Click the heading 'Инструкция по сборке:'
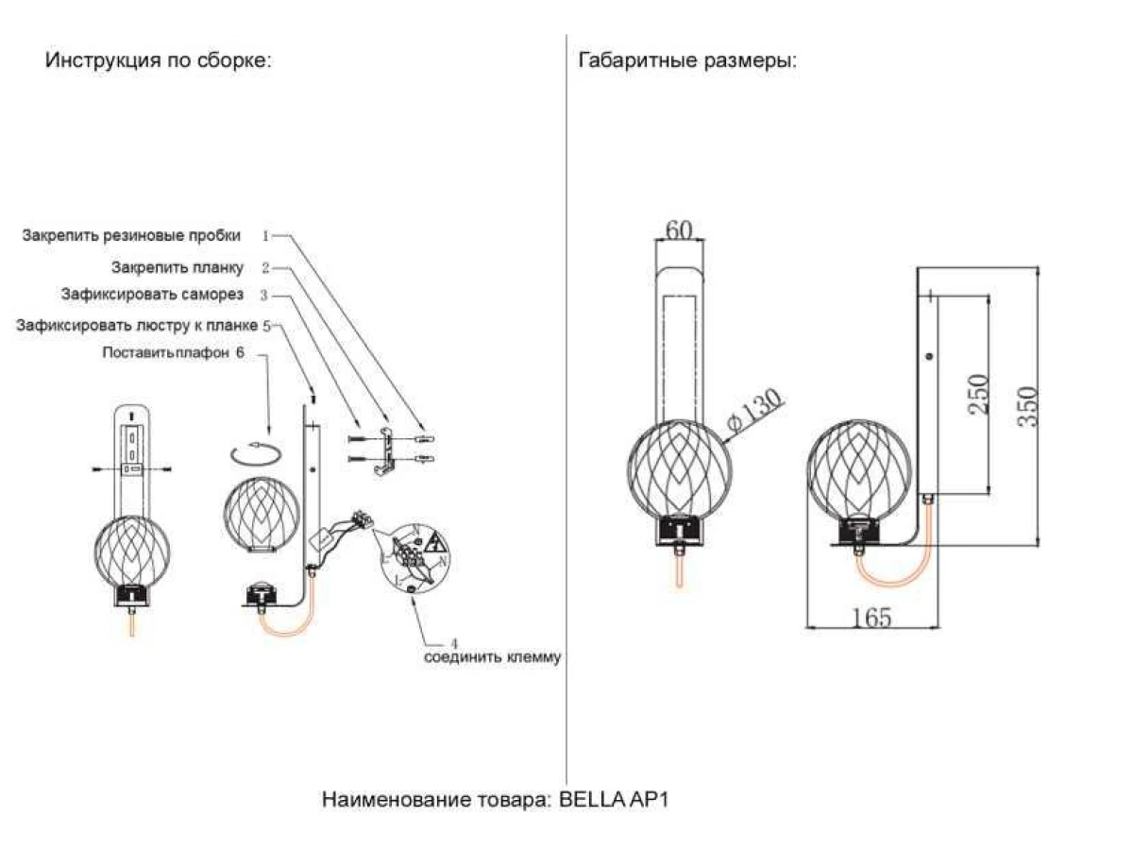[x=159, y=61]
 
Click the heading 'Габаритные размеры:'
[x=687, y=61]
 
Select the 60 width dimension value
[x=680, y=230]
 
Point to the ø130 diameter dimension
[x=756, y=413]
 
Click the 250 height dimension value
[x=978, y=395]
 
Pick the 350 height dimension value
[x=1026, y=406]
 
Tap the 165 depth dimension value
[x=871, y=618]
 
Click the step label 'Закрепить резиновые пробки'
[x=131, y=235]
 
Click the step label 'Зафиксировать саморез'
[x=152, y=295]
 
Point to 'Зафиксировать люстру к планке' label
[x=137, y=326]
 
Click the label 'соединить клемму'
[x=491, y=657]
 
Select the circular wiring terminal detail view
[x=415, y=558]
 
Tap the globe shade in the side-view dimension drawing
[x=860, y=470]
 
